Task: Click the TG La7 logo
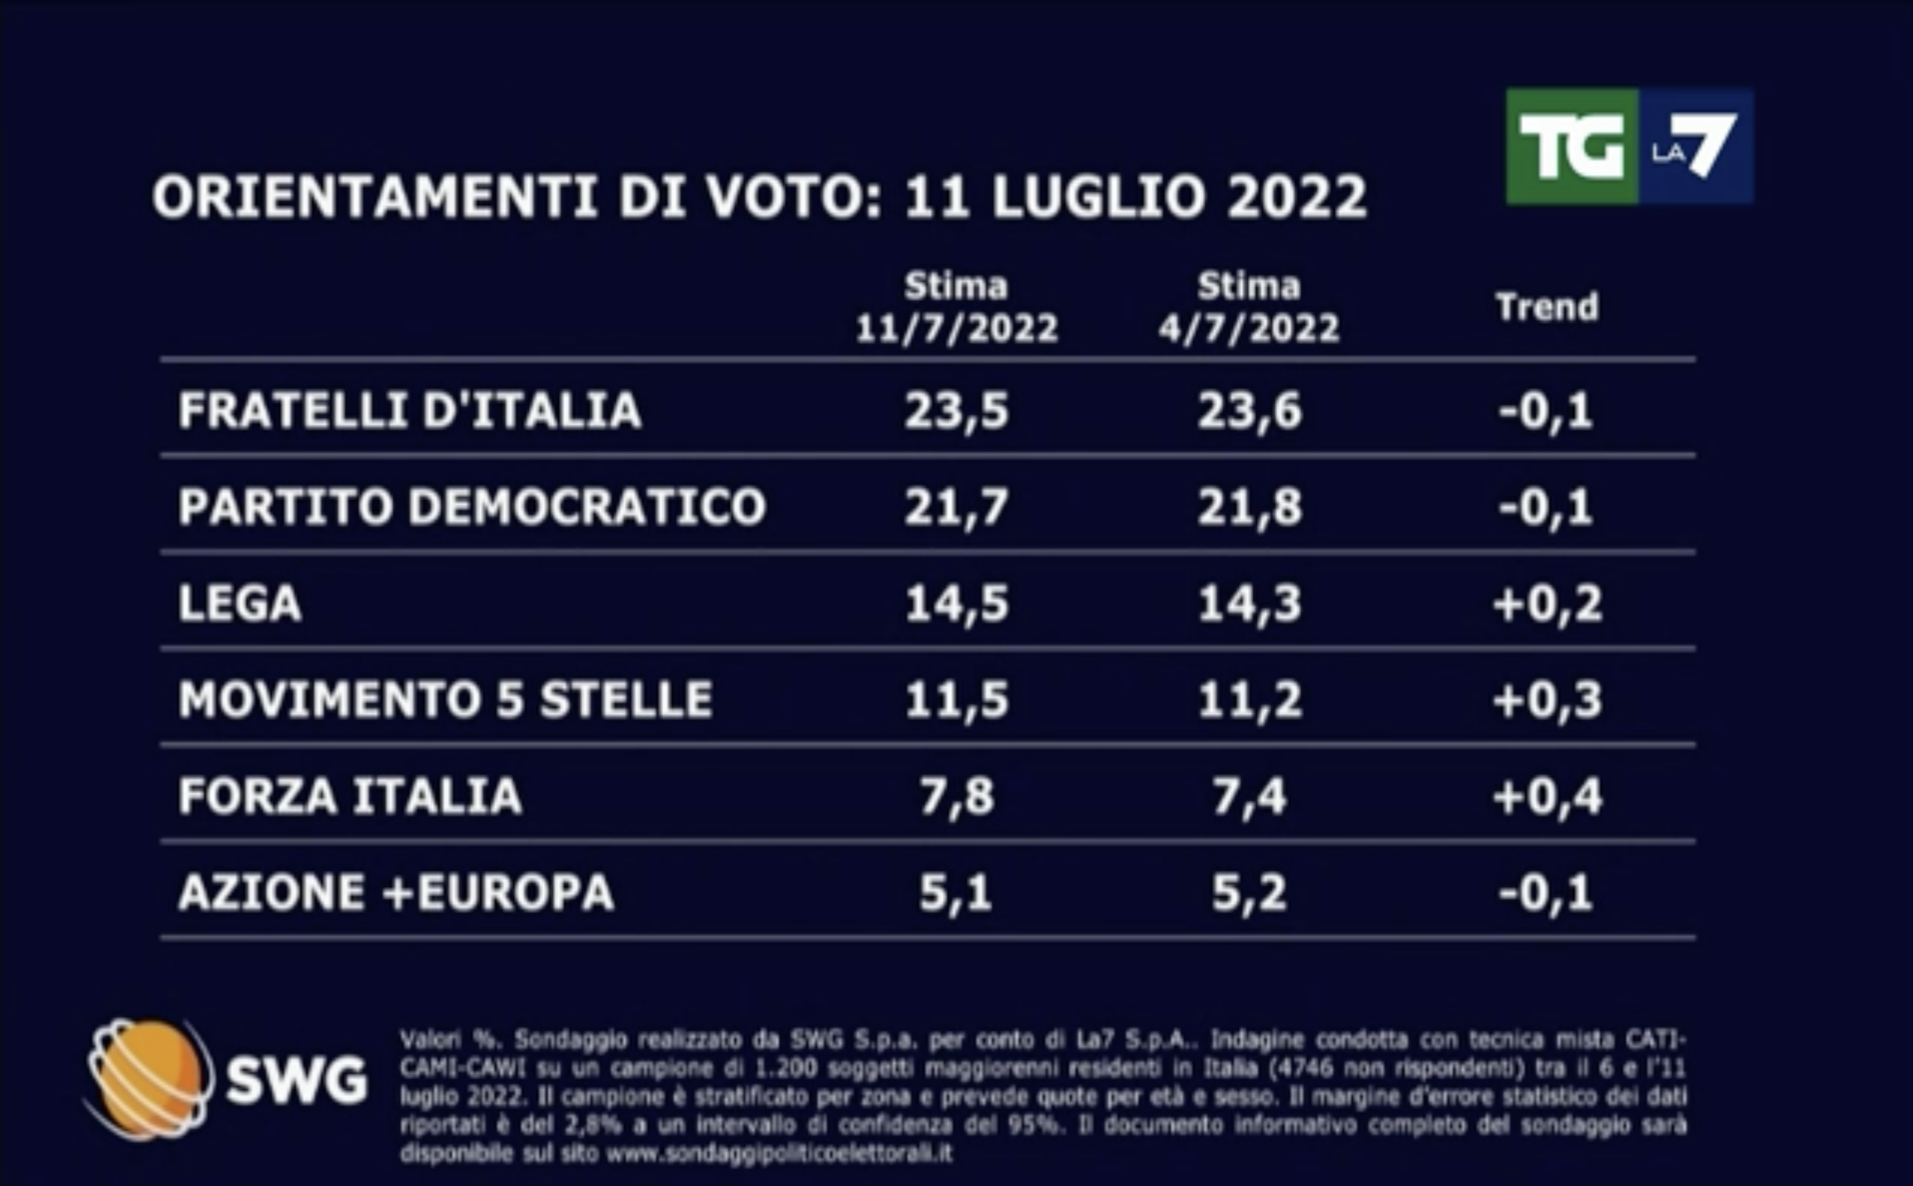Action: [1629, 146]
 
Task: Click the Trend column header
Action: [1546, 307]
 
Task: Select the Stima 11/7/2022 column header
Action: [956, 307]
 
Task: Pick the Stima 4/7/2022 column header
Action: [1249, 307]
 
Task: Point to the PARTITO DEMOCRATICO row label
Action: [471, 506]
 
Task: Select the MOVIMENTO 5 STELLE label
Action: [445, 699]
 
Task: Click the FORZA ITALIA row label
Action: [350, 796]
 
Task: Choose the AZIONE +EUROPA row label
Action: [395, 892]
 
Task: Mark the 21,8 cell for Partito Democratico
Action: [1249, 506]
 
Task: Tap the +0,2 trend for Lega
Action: [1547, 603]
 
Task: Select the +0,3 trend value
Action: [1547, 699]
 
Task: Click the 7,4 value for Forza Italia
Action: [1249, 796]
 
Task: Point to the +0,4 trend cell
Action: [1547, 796]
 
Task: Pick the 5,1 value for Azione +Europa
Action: [955, 892]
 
